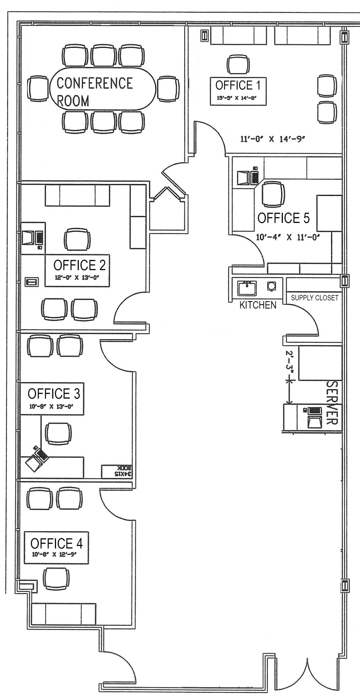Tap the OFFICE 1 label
pyautogui.click(x=238, y=85)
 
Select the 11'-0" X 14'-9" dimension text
pyautogui.click(x=272, y=139)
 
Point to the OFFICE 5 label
pyautogui.click(x=283, y=218)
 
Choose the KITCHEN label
pyautogui.click(x=258, y=305)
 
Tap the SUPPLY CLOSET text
pyautogui.click(x=314, y=298)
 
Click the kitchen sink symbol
pyautogui.click(x=247, y=288)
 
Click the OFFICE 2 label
pyautogui.click(x=79, y=265)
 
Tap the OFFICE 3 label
pyautogui.click(x=54, y=393)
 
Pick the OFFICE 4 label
pyautogui.click(x=56, y=543)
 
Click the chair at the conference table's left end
pyautogui.click(x=38, y=89)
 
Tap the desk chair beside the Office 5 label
pyautogui.click(x=273, y=194)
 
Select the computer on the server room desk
pyautogui.click(x=314, y=416)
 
